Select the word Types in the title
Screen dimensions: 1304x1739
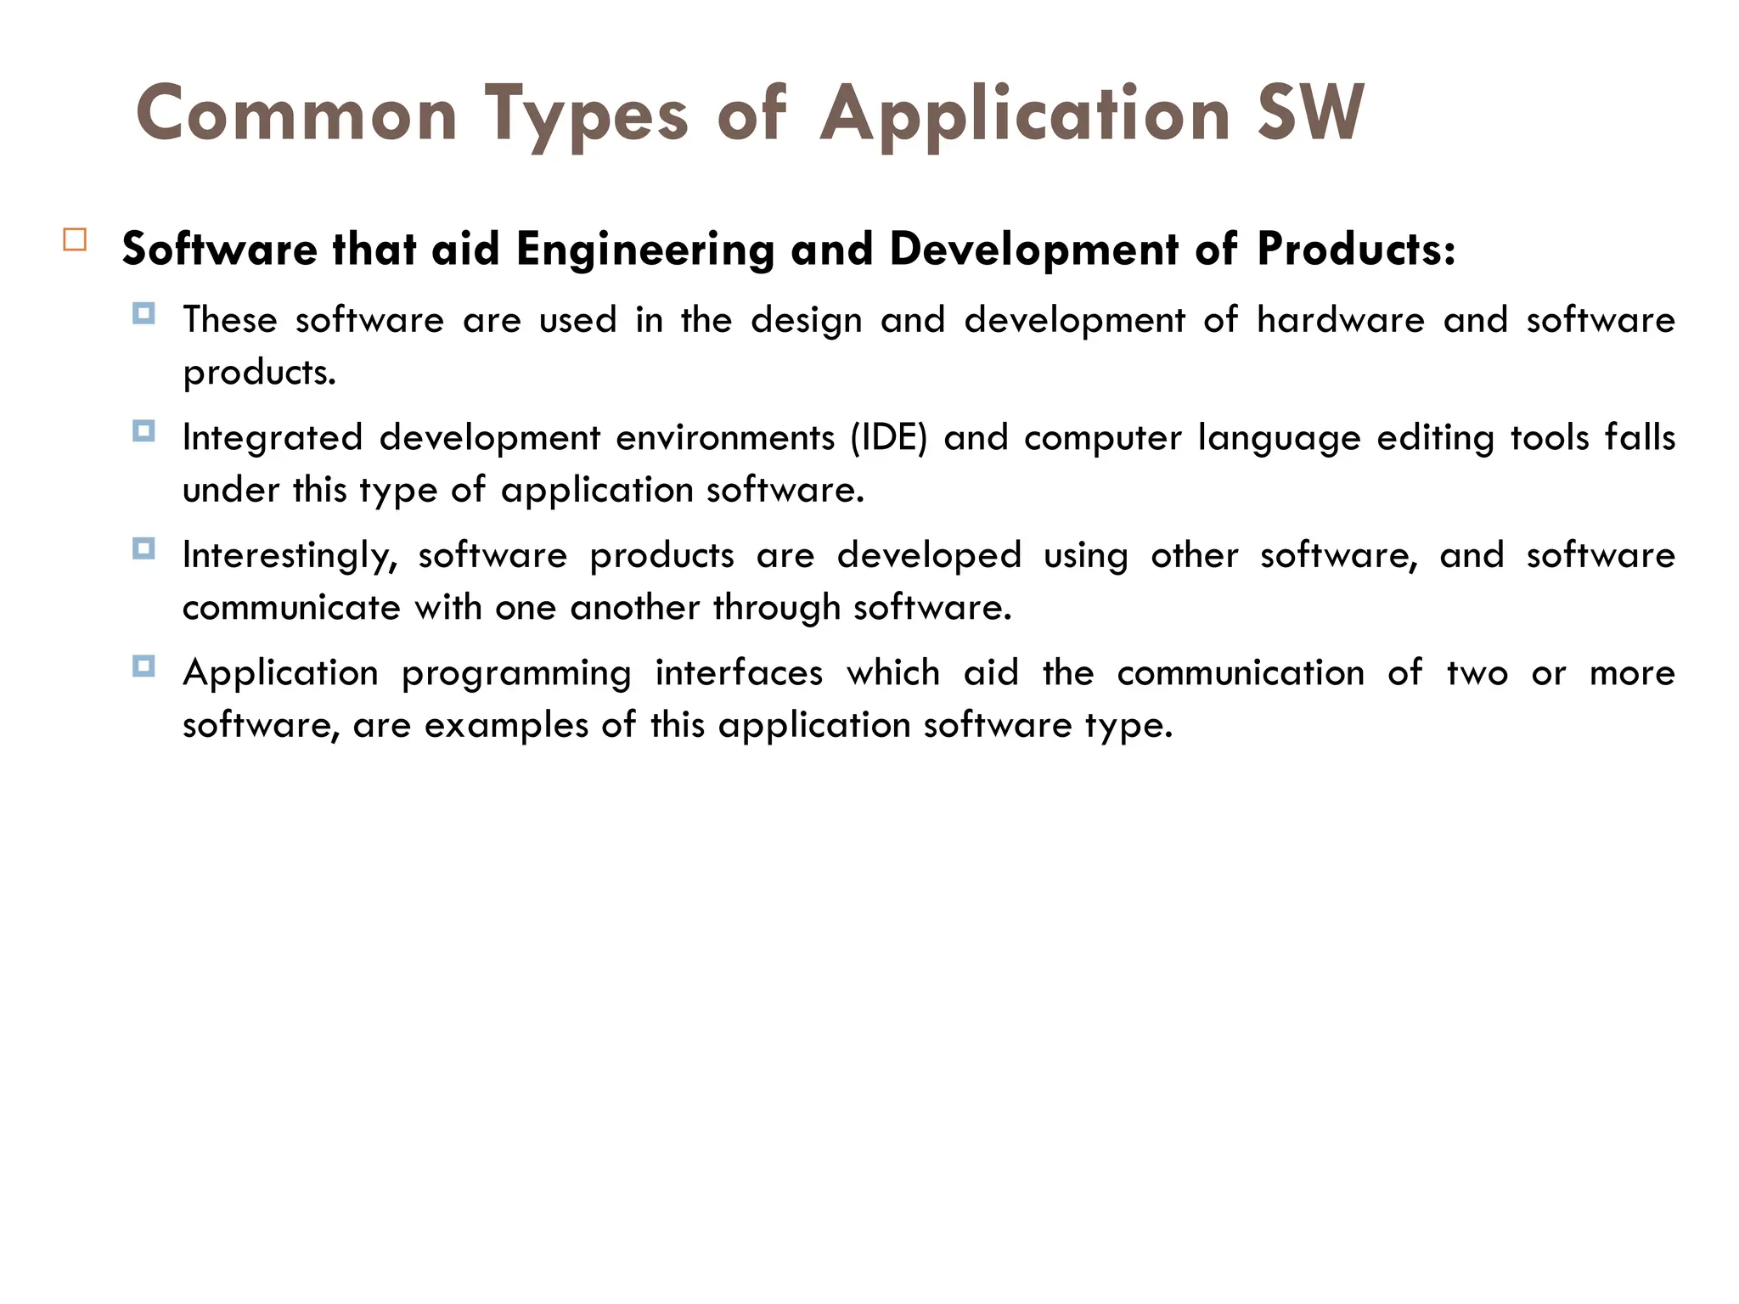[586, 115]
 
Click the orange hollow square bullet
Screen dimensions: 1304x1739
[75, 239]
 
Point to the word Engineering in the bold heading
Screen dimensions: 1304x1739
[644, 250]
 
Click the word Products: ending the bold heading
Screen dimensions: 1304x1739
[1356, 249]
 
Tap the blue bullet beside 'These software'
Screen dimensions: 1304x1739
[144, 314]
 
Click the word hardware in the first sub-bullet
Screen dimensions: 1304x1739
[1340, 320]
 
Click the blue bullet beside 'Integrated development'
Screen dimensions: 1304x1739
[144, 431]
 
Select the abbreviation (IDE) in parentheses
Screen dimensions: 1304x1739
[888, 438]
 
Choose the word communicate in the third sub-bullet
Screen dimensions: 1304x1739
[290, 608]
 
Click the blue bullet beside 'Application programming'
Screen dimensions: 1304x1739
[144, 666]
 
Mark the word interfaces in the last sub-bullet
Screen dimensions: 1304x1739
[739, 673]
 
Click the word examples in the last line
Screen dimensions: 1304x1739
[506, 726]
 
